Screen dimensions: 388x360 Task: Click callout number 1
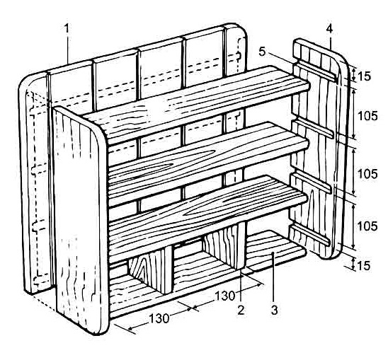coord(67,29)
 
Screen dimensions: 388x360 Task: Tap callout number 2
coord(241,310)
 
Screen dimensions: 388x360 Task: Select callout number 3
coord(274,310)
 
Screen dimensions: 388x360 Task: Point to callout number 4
coord(329,29)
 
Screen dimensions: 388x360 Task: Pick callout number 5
coord(262,52)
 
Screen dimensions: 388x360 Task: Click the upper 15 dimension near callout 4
coord(364,76)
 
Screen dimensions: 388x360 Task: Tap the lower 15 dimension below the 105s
coord(364,266)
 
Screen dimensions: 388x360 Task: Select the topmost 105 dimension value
coord(368,116)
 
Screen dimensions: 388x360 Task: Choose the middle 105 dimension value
coord(367,174)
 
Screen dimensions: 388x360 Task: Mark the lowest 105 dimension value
coord(367,226)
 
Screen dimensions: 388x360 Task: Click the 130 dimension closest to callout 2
coord(224,296)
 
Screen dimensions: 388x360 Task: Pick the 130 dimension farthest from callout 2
coord(159,318)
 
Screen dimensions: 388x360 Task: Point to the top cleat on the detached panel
coord(315,71)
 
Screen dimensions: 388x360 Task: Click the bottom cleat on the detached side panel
coord(310,234)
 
